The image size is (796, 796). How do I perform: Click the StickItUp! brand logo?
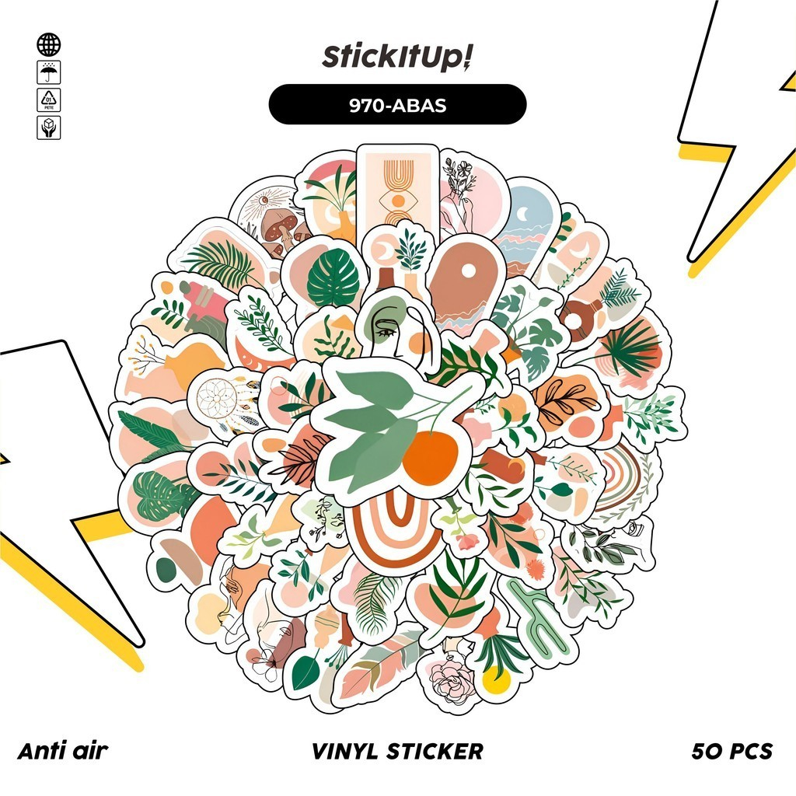point(397,58)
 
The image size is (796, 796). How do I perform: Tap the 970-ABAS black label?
point(397,105)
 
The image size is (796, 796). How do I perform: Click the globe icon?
point(48,44)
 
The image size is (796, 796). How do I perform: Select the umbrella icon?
point(48,72)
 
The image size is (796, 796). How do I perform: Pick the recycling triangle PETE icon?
point(48,100)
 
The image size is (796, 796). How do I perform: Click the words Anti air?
point(62,751)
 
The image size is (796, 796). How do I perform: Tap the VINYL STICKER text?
point(397,751)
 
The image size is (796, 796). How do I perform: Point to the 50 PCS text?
point(731,751)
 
